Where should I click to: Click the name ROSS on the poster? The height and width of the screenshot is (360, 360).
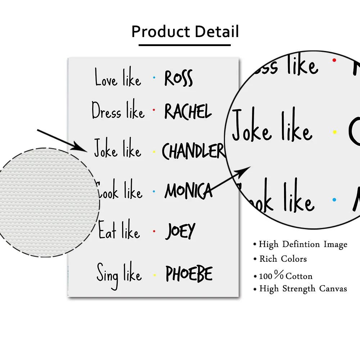click(179, 78)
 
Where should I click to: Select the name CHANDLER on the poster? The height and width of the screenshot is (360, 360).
click(193, 151)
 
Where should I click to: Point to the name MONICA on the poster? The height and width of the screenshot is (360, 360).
click(188, 191)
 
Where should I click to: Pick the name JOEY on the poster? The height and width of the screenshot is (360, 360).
click(180, 231)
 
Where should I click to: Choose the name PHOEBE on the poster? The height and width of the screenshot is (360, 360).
click(189, 274)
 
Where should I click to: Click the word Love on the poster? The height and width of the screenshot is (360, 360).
click(106, 78)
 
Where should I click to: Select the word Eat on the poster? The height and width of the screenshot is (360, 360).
click(107, 231)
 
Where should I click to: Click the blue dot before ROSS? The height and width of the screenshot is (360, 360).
click(154, 77)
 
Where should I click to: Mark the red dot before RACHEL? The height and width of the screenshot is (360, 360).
click(154, 109)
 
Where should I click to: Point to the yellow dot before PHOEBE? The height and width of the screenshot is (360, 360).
click(154, 275)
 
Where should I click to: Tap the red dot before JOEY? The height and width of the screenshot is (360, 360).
click(154, 231)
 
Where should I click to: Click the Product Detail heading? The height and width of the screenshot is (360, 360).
click(185, 32)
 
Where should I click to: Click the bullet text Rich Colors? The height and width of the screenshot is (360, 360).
click(283, 259)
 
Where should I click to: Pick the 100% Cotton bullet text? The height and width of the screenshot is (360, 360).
click(285, 276)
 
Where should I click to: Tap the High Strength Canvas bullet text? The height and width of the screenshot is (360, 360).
click(303, 289)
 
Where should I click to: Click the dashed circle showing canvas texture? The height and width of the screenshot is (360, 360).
click(47, 202)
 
